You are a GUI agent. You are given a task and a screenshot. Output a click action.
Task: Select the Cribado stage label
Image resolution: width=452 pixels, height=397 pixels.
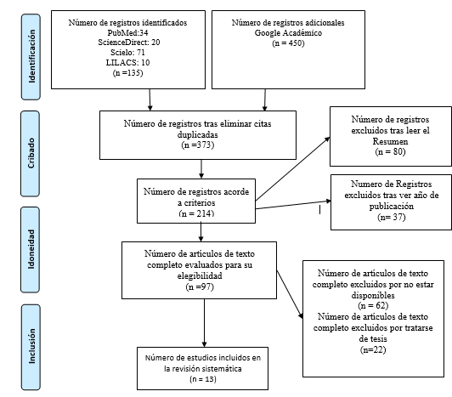click(x=33, y=137)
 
